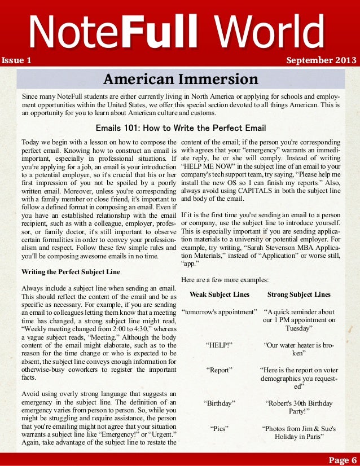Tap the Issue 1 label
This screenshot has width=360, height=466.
coord(16,60)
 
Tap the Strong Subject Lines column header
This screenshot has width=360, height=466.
coord(298,294)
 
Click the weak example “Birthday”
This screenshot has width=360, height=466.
coord(219,403)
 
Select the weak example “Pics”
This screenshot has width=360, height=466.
coord(219,428)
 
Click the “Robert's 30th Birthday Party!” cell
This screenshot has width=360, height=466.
coord(299,407)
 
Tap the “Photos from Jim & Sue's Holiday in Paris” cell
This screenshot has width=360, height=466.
coord(299,433)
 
